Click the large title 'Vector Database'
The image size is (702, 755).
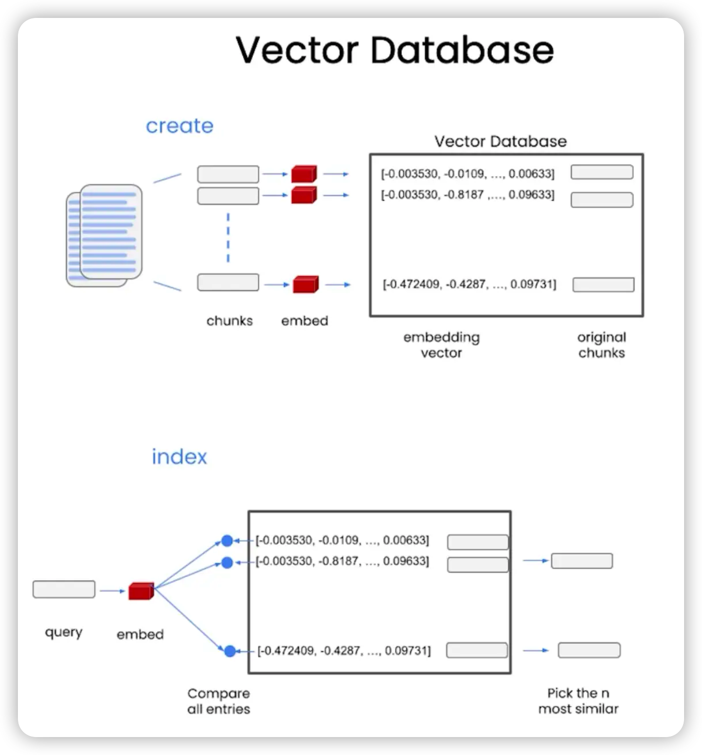click(x=394, y=50)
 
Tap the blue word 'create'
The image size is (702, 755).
click(x=179, y=126)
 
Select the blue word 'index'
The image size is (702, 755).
click(x=179, y=456)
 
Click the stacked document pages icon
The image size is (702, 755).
click(x=104, y=235)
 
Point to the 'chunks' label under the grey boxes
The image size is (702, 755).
click(x=229, y=321)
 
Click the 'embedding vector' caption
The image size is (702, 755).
click(x=441, y=345)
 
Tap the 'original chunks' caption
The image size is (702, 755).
click(x=601, y=345)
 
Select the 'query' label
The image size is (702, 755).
click(x=63, y=632)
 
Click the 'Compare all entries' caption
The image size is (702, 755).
click(x=219, y=701)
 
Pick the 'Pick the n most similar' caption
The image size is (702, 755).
click(x=578, y=701)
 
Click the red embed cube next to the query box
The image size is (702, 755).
click(x=141, y=591)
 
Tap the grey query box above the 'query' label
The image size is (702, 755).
click(x=64, y=589)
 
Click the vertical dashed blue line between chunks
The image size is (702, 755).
click(x=228, y=238)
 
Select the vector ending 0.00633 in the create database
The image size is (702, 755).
click(x=468, y=174)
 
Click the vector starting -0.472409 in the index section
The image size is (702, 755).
click(x=344, y=651)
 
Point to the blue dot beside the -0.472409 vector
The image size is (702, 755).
click(x=230, y=651)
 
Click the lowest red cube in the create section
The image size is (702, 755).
click(x=306, y=284)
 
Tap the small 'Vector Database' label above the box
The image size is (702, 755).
click(x=500, y=141)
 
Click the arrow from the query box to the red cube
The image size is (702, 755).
click(x=113, y=591)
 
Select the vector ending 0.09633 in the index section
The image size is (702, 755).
click(x=342, y=561)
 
